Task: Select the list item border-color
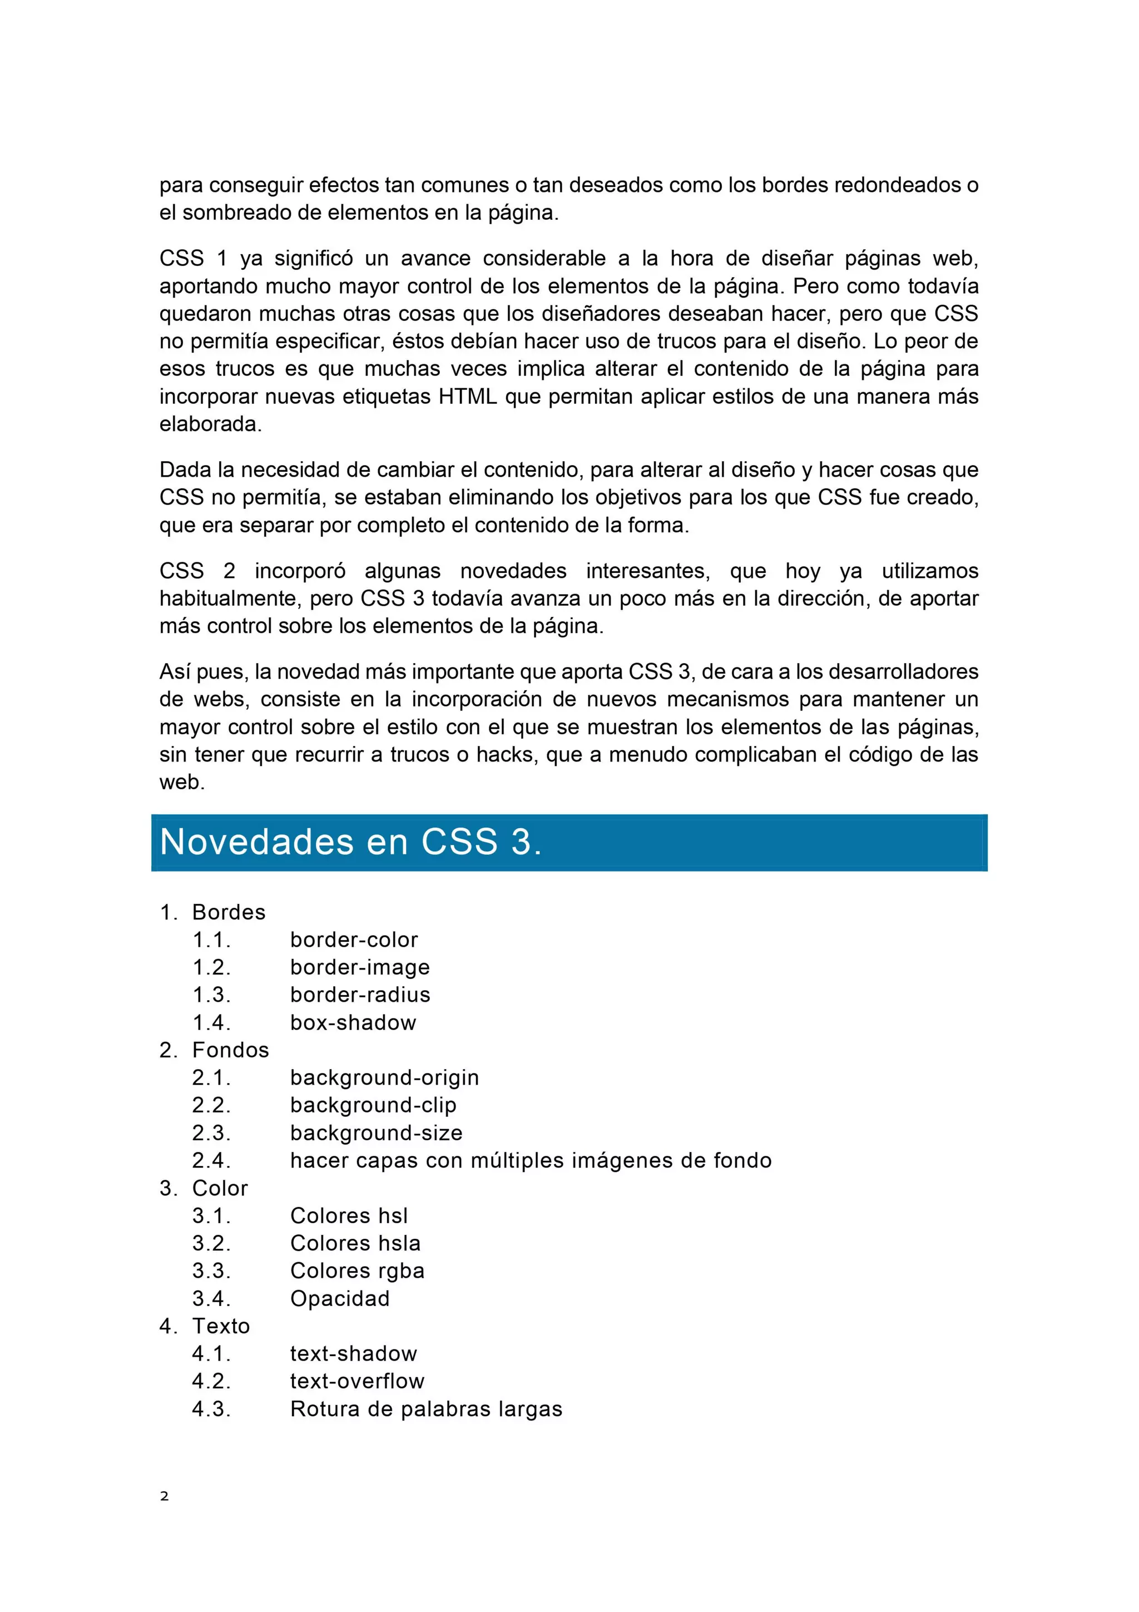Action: point(354,939)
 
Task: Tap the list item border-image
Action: point(359,967)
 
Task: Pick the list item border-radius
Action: point(360,995)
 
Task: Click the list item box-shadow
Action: point(353,1022)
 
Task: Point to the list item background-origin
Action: point(384,1077)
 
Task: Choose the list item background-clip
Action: point(373,1105)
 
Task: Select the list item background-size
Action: point(376,1133)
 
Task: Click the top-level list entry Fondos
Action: point(230,1050)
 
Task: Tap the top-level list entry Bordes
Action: point(229,912)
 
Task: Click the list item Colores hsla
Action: point(355,1243)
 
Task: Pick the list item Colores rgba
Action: point(357,1272)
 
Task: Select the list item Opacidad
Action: point(340,1299)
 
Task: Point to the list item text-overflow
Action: point(357,1382)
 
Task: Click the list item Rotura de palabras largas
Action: point(426,1409)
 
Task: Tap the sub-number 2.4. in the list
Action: point(211,1160)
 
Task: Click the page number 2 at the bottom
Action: point(164,1496)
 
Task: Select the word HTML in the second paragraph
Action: point(467,397)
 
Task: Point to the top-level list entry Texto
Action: point(220,1326)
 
